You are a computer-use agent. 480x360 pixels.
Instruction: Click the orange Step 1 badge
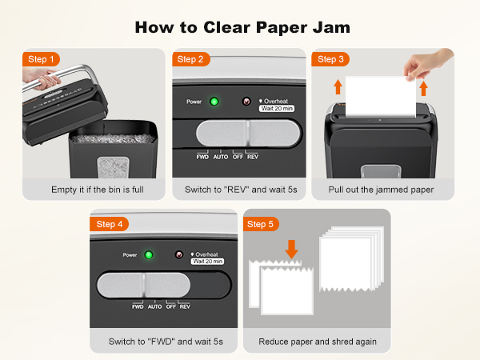(42, 59)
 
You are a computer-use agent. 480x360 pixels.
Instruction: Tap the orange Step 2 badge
(190, 59)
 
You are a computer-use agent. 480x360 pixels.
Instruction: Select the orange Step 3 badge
(331, 59)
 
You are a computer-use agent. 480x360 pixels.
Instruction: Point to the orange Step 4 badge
(110, 224)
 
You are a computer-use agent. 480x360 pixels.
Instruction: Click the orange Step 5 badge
(261, 224)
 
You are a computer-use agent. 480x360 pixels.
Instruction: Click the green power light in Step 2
(214, 102)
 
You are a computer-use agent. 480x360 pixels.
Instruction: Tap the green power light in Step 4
(148, 255)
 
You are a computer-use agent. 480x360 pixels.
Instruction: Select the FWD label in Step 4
(138, 306)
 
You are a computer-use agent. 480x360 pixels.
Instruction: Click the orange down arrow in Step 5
(292, 249)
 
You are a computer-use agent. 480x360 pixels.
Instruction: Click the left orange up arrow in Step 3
(338, 87)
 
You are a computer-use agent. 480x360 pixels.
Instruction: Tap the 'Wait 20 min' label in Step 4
(207, 261)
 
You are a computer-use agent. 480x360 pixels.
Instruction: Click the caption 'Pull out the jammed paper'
(382, 190)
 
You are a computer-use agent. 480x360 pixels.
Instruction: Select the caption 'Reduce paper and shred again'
(318, 342)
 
